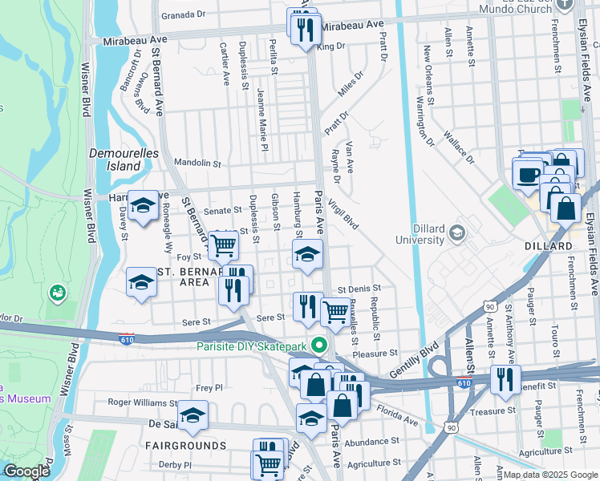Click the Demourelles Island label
112,159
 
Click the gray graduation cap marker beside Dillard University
457,233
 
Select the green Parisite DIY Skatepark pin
320,346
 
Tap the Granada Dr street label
184,14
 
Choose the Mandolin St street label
197,163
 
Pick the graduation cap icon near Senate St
144,207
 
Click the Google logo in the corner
26,471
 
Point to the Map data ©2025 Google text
549,475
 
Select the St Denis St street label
359,289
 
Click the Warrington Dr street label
424,120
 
